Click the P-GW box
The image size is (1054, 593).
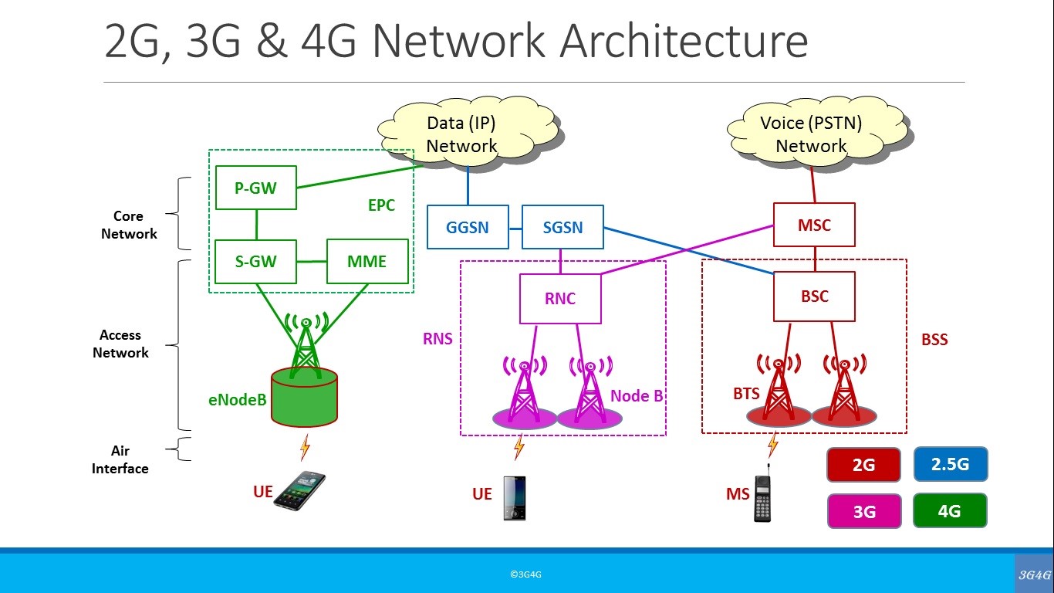255,187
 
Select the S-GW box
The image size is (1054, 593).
255,261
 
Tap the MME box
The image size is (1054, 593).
367,261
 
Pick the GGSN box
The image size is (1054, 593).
468,227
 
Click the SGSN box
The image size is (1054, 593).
562,227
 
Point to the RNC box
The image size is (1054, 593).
560,299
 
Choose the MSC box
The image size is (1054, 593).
814,225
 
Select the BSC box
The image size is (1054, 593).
814,296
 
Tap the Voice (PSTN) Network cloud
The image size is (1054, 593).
811,134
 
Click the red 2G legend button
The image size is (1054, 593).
863,466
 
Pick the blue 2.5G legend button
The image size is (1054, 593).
950,464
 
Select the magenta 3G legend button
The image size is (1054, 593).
864,511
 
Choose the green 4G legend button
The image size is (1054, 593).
949,510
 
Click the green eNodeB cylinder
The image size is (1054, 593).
304,397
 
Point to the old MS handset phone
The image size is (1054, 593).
764,496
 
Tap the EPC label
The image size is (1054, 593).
381,205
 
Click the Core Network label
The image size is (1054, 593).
129,225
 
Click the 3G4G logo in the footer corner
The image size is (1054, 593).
1034,574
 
